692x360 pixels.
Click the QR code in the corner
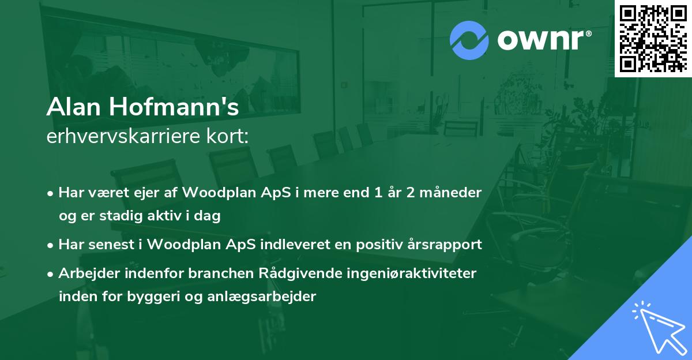click(x=653, y=38)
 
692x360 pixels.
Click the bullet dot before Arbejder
click(x=51, y=273)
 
